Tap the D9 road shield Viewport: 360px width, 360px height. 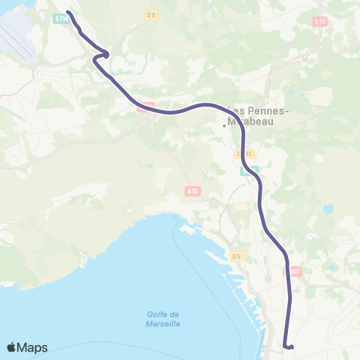tap(151, 14)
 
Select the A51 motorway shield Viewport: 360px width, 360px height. tap(321, 22)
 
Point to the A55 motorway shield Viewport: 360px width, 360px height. tap(192, 192)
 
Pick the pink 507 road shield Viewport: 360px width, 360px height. tap(294, 271)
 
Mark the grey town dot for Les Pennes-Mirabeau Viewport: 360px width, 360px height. tap(223, 125)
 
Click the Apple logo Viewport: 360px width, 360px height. tap(13, 347)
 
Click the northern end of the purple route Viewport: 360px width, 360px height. tap(68, 12)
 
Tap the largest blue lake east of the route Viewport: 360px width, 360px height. tap(328, 208)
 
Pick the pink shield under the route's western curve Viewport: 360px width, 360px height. tap(145, 106)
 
